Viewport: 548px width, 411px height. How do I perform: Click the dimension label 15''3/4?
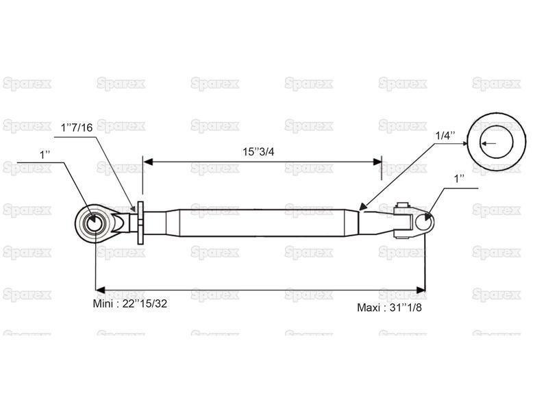[x=258, y=151]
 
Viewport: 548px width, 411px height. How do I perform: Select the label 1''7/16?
[x=77, y=127]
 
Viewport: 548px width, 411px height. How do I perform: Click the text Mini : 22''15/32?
[x=130, y=303]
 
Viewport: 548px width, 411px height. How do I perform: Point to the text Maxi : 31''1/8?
[x=389, y=308]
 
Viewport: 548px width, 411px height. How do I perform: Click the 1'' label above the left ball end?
[x=45, y=155]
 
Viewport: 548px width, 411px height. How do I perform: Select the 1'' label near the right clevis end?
[x=459, y=179]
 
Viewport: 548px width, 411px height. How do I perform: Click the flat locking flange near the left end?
[x=140, y=223]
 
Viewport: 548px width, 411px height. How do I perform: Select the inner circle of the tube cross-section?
[x=496, y=142]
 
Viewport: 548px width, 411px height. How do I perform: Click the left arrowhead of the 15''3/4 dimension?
[x=148, y=162]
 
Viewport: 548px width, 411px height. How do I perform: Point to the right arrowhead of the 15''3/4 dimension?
[x=377, y=162]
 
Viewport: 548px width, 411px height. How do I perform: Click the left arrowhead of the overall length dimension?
[x=100, y=290]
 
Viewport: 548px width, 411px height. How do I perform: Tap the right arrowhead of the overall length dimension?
[x=421, y=290]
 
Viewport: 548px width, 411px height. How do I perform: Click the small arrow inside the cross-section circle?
[x=488, y=143]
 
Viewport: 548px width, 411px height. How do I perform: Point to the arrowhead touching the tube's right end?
[x=363, y=206]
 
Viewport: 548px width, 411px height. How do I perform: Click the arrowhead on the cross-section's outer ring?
[x=465, y=143]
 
